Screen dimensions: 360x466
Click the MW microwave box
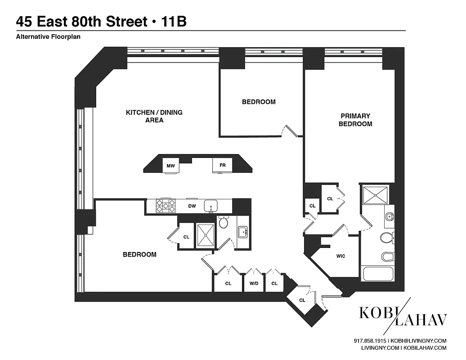(170, 165)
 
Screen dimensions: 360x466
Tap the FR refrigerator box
(222, 165)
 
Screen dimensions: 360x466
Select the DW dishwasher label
(192, 206)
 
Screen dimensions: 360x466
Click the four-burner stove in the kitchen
(165, 206)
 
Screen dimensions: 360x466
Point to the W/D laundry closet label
(253, 283)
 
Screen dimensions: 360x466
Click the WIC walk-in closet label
(341, 256)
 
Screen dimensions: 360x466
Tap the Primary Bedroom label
(355, 120)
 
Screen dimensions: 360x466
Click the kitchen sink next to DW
(211, 206)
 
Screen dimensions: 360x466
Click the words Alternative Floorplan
(48, 37)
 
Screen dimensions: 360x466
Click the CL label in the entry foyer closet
(302, 300)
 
